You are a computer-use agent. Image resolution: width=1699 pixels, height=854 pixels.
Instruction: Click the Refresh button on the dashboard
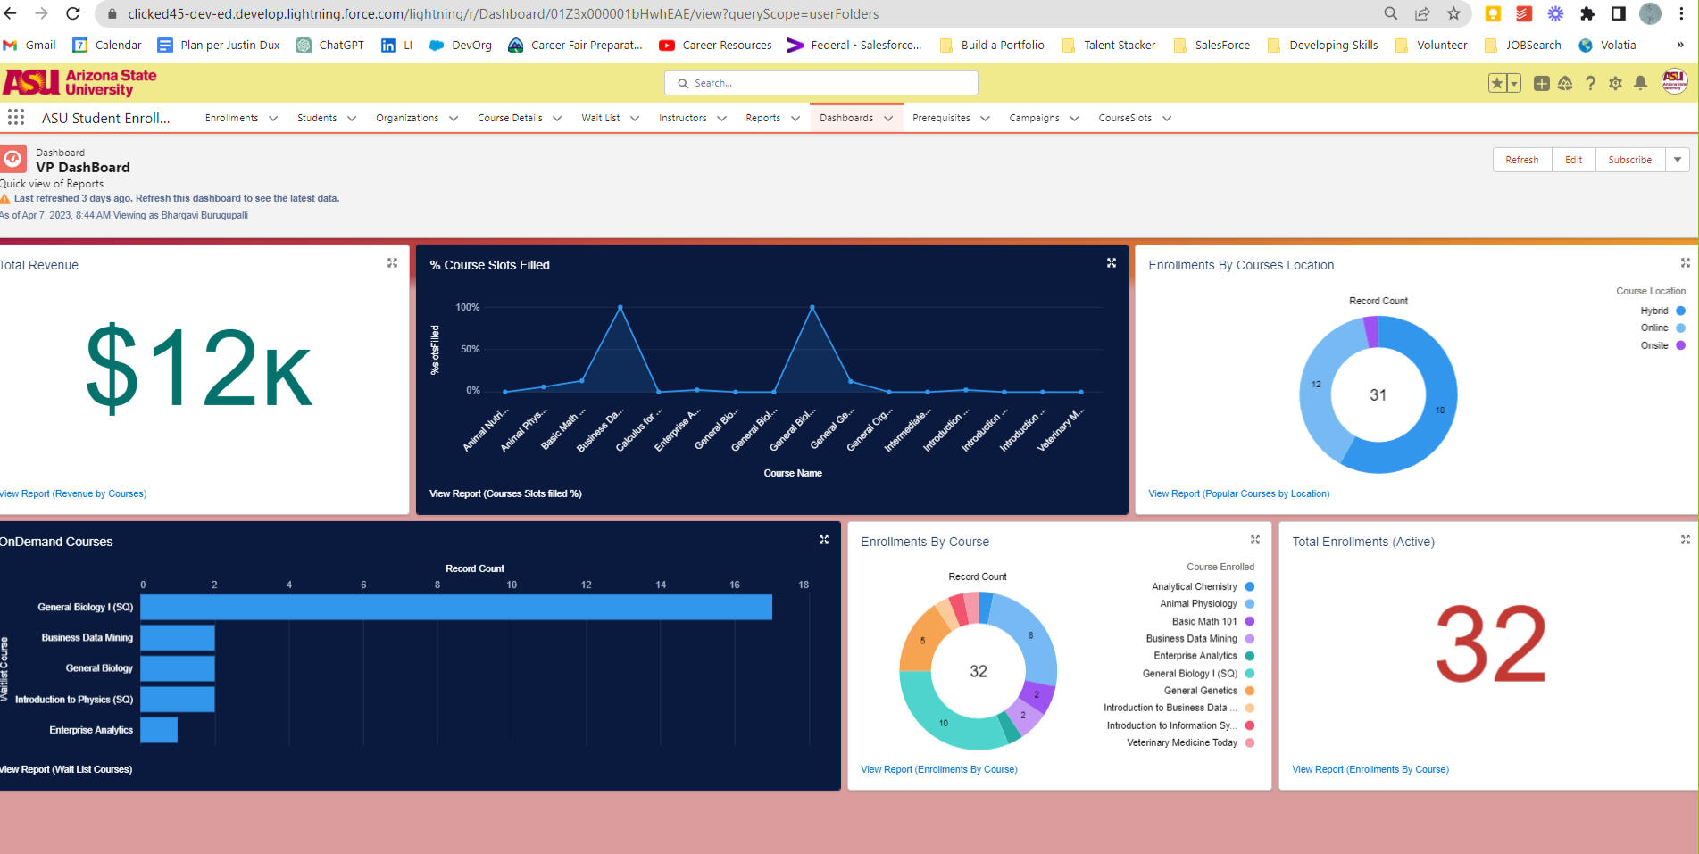(1521, 160)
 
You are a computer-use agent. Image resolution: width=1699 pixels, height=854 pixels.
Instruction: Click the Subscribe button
(1629, 160)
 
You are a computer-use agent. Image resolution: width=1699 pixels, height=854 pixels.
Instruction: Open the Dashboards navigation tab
(845, 118)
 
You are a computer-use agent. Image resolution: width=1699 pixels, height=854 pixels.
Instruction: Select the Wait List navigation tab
(600, 118)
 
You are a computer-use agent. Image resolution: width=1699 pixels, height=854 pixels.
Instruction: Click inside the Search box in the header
(821, 83)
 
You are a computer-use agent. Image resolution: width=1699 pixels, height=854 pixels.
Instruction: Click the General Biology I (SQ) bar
(455, 608)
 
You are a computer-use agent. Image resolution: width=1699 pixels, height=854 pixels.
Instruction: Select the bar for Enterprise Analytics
(159, 730)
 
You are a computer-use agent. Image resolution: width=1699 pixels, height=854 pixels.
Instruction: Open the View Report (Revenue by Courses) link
(73, 493)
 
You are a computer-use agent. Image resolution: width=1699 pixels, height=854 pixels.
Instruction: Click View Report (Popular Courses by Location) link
(1238, 493)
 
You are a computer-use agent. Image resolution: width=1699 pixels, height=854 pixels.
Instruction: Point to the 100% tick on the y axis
(468, 307)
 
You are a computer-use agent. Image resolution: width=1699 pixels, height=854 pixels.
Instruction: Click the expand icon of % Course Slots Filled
(1112, 263)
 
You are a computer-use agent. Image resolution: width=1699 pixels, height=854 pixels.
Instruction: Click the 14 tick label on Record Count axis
(661, 585)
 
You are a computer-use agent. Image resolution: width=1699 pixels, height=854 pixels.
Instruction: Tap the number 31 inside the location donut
(1378, 395)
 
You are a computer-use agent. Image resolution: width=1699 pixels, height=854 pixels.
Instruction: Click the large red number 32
(1490, 644)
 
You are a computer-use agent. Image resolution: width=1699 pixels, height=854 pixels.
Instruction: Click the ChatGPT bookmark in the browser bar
(330, 45)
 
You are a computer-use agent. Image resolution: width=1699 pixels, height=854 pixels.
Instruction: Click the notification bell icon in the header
(1640, 83)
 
